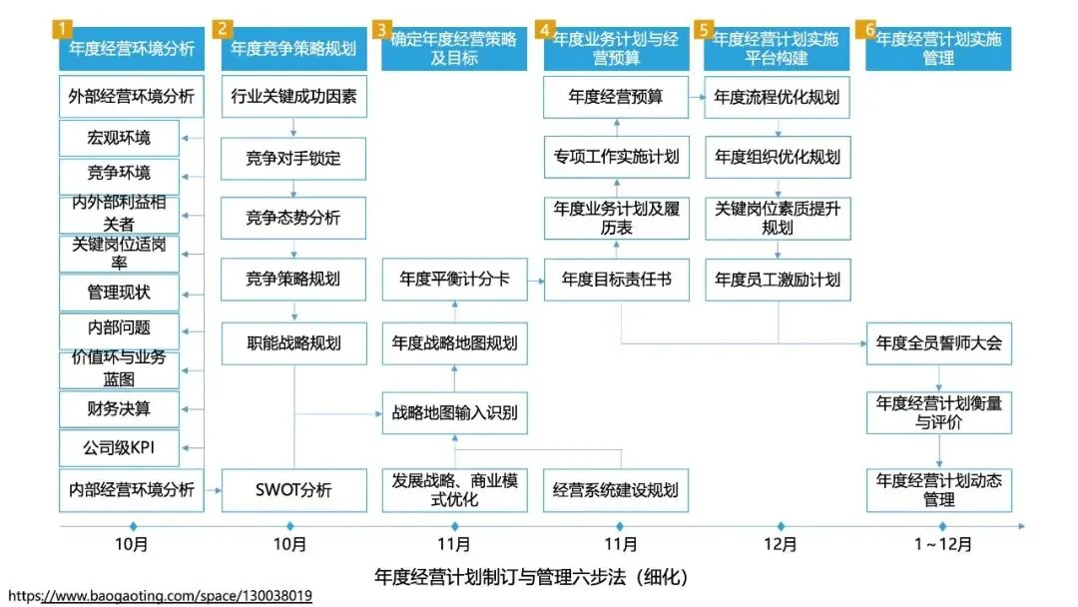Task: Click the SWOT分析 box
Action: coord(293,490)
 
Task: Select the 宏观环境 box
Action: coord(119,137)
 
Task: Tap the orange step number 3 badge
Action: coord(381,29)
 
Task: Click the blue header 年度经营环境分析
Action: coord(132,48)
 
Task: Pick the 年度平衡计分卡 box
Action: coord(454,279)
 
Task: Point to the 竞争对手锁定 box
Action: coord(293,158)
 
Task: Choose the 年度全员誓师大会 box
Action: coord(938,342)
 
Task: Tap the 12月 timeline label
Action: coord(781,545)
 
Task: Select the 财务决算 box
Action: coord(119,407)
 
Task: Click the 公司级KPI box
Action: coord(119,447)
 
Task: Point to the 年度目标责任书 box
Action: coord(616,279)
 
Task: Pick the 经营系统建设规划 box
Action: coord(616,490)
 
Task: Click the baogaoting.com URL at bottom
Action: coord(160,596)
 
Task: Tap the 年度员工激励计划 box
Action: coord(778,279)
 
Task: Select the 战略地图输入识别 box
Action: coord(454,412)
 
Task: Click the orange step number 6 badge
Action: coord(870,29)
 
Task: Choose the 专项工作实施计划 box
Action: coord(616,157)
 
